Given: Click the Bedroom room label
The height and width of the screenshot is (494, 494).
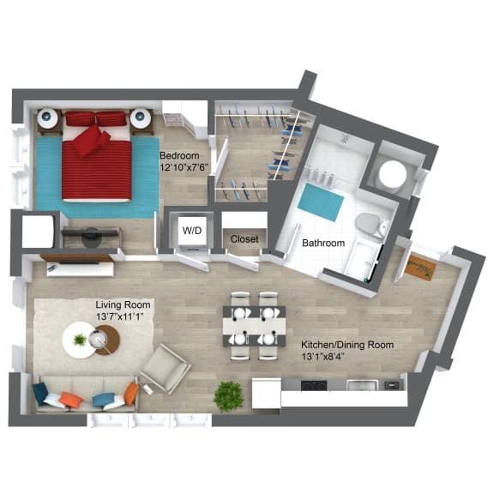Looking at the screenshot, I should point(179,154).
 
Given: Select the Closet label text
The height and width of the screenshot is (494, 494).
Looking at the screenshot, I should point(244,239).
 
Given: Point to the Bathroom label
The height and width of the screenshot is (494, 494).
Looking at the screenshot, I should point(323,244).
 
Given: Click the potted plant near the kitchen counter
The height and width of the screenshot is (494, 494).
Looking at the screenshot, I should point(228,395).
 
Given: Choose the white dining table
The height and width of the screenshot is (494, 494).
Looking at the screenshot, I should point(255,326).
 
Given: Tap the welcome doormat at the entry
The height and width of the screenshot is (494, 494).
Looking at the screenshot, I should point(420,266).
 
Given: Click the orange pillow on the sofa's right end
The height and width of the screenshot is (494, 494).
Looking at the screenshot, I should point(130,394).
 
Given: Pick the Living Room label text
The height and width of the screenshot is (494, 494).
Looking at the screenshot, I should point(123,305).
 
